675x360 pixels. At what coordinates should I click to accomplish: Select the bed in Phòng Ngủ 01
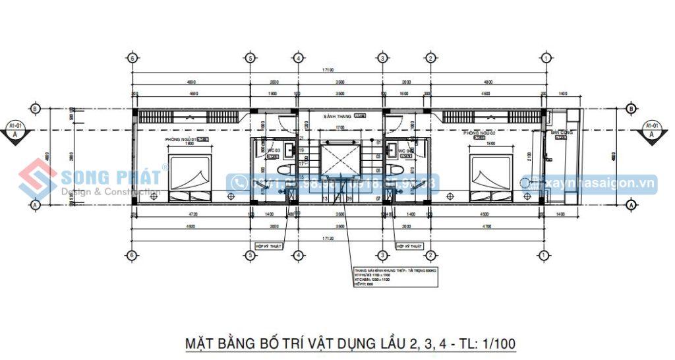pos(191,177)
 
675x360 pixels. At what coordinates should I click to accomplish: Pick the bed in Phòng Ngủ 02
pos(491,177)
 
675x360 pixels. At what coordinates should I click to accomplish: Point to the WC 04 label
pos(405,151)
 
